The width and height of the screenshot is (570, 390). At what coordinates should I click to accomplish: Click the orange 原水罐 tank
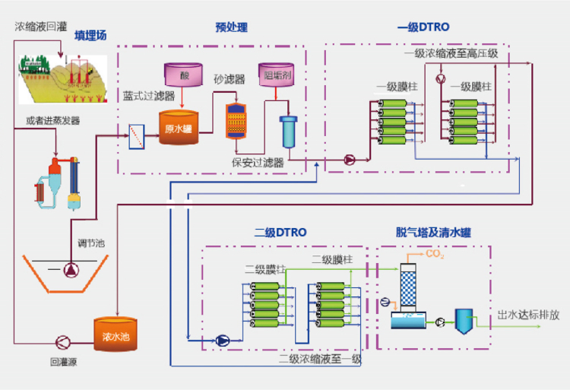point(178,127)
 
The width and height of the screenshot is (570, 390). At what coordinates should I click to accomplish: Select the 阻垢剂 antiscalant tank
point(277,75)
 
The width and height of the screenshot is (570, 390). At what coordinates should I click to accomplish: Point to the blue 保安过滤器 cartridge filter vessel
point(288,132)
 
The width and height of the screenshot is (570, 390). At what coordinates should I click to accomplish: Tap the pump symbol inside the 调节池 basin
point(71,270)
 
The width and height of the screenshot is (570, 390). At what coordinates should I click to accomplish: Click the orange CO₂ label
point(435,254)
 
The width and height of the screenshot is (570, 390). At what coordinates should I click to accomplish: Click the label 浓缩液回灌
point(40,27)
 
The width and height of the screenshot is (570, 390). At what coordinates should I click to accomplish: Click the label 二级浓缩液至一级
point(320,359)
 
